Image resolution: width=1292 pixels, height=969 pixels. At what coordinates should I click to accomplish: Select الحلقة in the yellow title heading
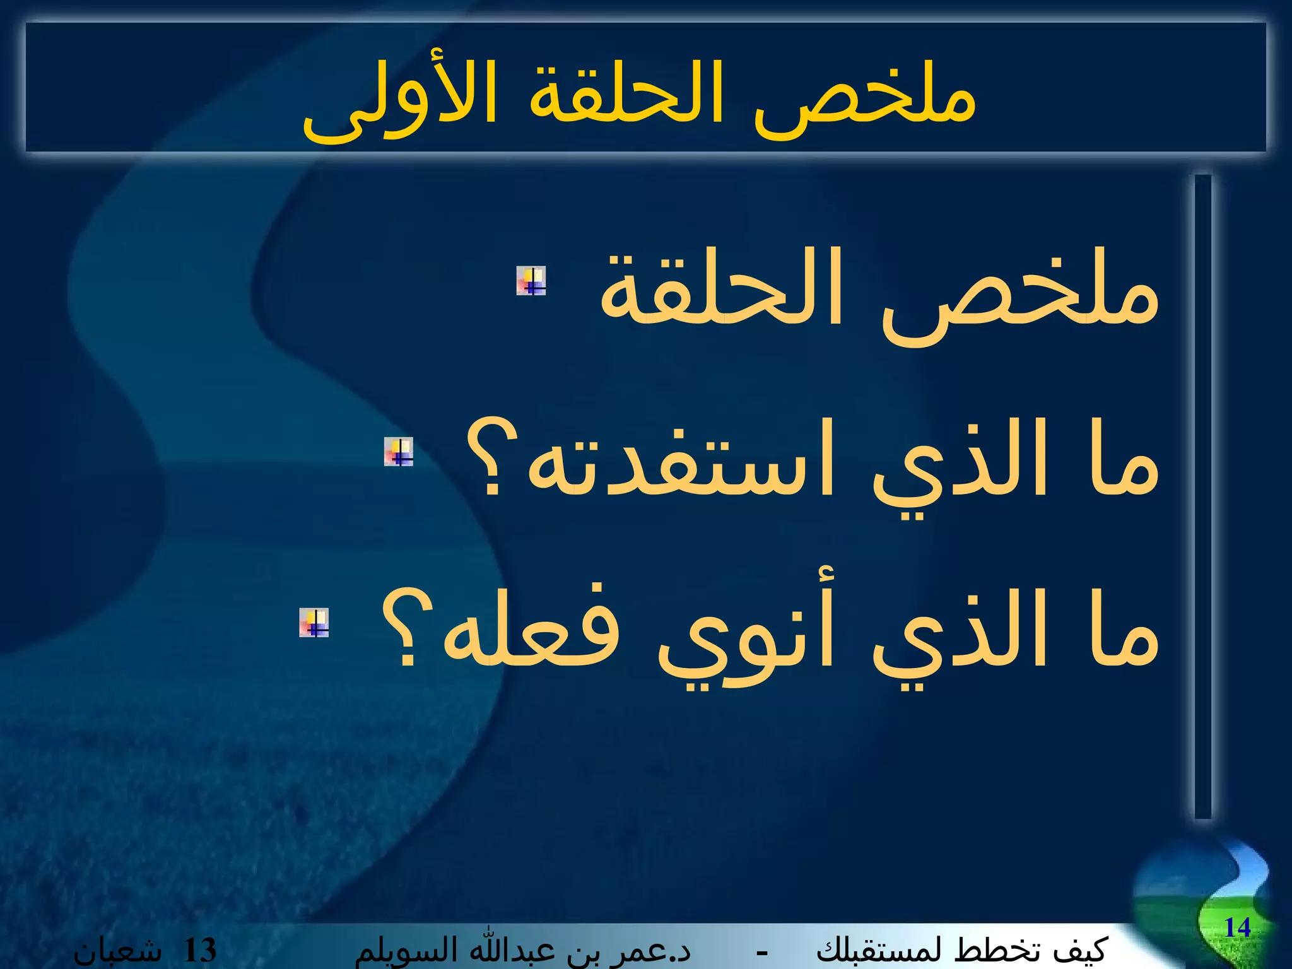point(625,95)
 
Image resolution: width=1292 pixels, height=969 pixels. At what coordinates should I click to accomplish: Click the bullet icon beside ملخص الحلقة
point(531,281)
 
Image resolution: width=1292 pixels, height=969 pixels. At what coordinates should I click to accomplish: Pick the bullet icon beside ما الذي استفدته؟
point(399,452)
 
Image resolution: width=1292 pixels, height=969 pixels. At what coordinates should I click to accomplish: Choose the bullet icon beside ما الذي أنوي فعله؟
point(314,623)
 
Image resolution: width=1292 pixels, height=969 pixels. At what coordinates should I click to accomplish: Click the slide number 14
point(1237,927)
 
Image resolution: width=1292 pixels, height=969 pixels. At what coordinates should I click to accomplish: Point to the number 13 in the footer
point(200,951)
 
